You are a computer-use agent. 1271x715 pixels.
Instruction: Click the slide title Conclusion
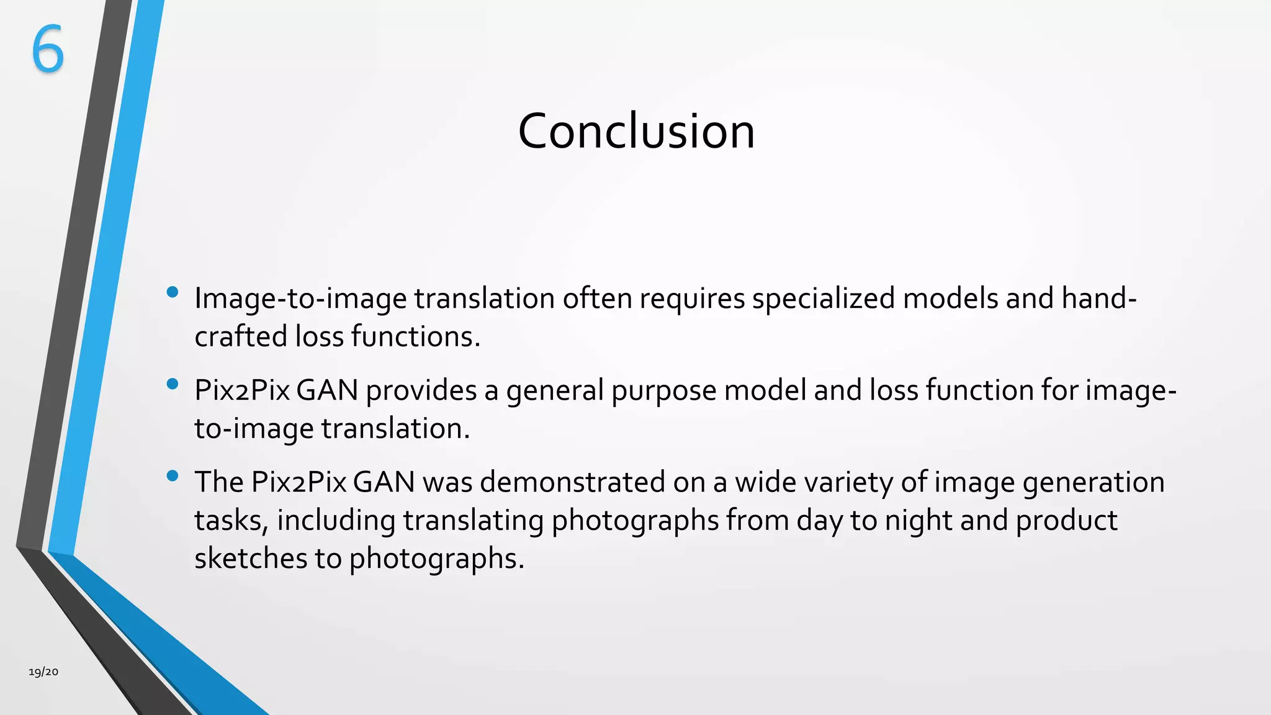coord(636,132)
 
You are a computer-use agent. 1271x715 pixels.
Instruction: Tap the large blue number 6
coord(48,50)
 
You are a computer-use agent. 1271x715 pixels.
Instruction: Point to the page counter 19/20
coord(43,672)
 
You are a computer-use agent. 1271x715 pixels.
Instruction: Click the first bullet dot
coord(173,292)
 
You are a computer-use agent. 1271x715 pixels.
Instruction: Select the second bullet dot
coord(173,384)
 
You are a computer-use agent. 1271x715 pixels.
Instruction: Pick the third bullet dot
coord(173,476)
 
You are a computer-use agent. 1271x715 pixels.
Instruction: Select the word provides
coord(421,391)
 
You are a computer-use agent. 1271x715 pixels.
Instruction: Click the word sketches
coord(250,558)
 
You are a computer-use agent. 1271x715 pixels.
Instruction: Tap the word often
coord(597,299)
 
